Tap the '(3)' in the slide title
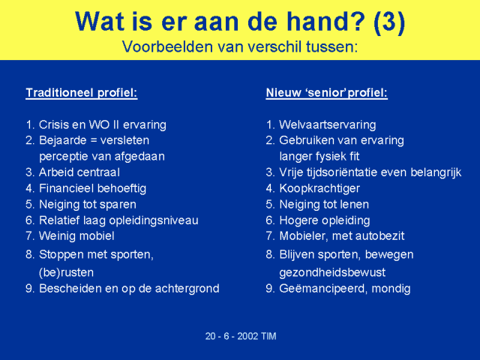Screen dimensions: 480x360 (389, 22)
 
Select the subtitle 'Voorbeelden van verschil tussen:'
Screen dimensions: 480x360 (240, 46)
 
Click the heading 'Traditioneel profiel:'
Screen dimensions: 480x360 (82, 93)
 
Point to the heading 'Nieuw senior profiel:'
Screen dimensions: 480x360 (327, 93)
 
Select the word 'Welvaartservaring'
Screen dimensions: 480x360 (328, 125)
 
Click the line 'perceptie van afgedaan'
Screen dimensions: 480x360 (102, 157)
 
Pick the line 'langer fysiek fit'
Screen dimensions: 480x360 (319, 157)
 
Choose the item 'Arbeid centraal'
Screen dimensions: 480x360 (79, 172)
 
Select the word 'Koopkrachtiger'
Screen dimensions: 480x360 (319, 189)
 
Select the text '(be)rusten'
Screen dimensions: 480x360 (67, 273)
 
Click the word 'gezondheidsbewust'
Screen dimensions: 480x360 (332, 273)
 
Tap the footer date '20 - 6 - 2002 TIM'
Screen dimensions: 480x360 (241, 336)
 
